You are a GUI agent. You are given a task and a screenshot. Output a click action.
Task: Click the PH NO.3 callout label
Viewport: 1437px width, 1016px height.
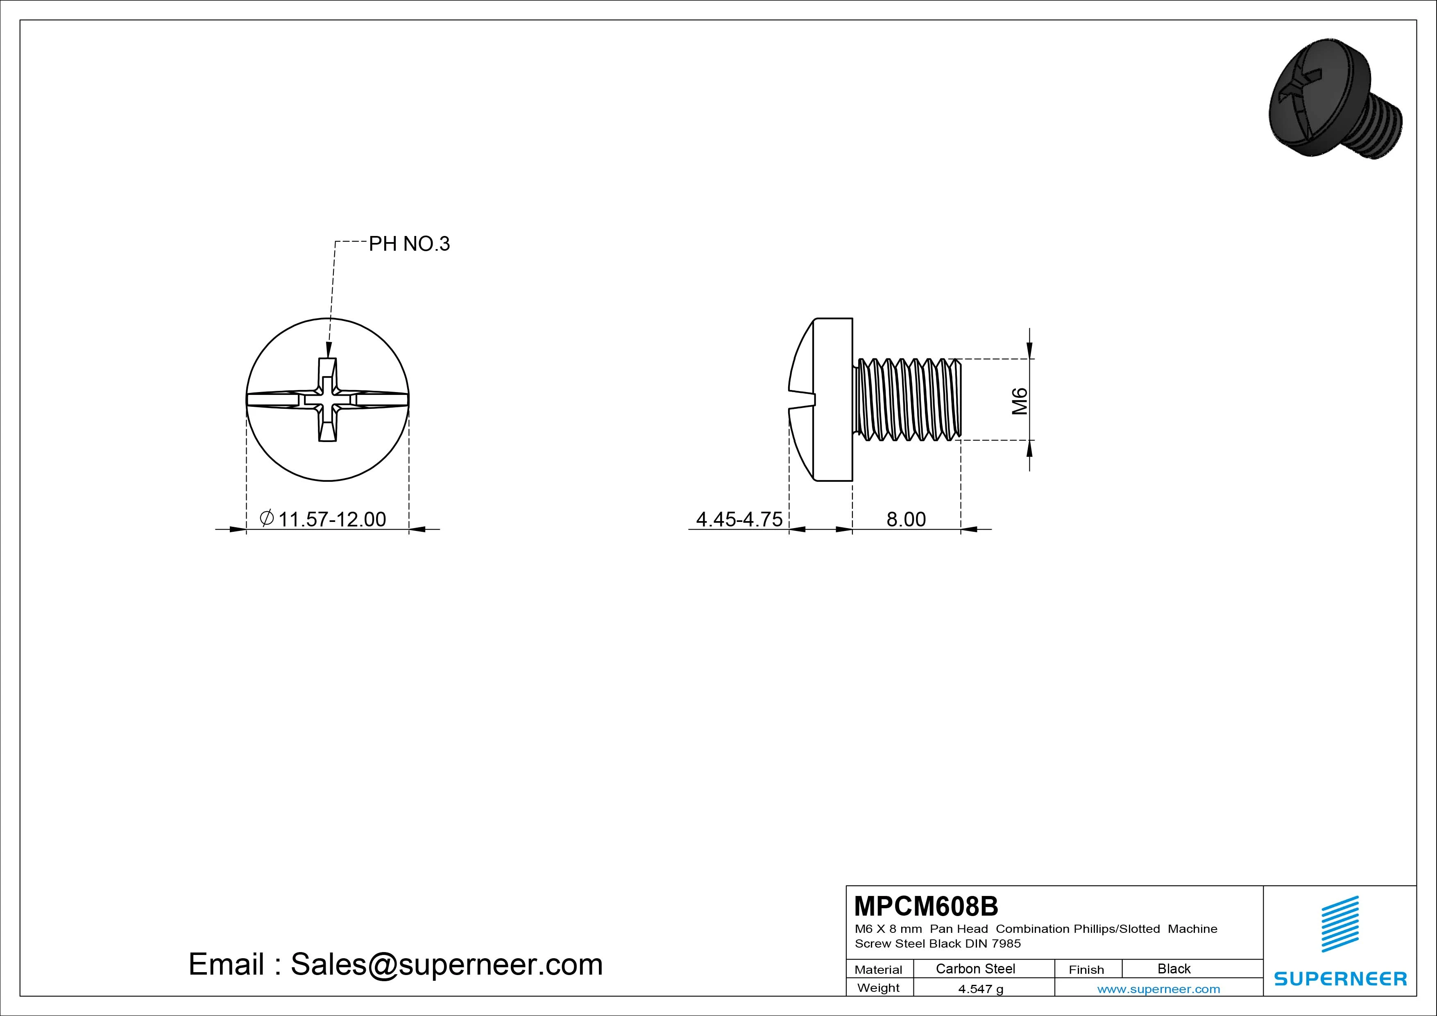pos(409,243)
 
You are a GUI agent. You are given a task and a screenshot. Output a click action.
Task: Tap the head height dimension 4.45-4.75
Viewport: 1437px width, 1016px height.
pos(739,519)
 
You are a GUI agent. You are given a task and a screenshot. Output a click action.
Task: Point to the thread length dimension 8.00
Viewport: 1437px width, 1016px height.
pos(906,519)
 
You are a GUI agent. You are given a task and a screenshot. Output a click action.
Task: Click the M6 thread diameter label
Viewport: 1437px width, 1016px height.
pos(1020,401)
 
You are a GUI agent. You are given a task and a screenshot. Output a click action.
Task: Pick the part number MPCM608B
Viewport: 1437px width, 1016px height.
pos(926,905)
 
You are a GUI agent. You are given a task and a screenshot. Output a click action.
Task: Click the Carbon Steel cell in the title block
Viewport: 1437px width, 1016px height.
pos(975,968)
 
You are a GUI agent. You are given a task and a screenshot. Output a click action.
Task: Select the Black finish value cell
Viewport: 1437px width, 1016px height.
pos(1174,968)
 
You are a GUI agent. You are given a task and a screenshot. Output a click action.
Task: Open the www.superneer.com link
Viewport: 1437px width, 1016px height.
pos(1158,989)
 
